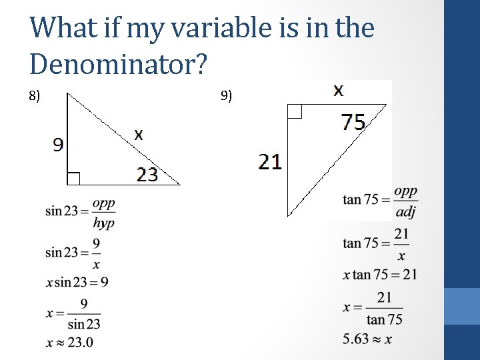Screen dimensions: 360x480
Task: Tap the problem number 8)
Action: click(35, 96)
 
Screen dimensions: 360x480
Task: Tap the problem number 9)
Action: click(226, 96)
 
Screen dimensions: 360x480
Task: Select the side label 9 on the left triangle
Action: click(59, 145)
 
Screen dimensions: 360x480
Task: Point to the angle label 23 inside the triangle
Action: click(147, 175)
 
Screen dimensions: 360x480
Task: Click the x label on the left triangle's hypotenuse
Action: click(138, 134)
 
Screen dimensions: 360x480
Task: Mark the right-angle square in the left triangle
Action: click(73, 178)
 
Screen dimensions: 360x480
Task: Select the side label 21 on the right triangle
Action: click(270, 161)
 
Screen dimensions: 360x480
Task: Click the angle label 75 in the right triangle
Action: click(353, 122)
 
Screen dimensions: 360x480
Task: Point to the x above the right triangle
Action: click(339, 90)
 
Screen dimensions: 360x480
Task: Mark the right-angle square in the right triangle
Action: click(295, 111)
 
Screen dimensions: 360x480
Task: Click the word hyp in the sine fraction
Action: click(103, 223)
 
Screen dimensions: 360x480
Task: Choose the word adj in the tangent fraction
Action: click(405, 212)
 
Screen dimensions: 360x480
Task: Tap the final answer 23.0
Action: click(79, 343)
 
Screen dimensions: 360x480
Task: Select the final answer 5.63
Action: click(355, 339)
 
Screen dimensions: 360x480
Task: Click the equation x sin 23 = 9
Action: click(77, 282)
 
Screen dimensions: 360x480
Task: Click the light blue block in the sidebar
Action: click(462, 306)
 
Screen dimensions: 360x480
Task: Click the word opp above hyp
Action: click(103, 203)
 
